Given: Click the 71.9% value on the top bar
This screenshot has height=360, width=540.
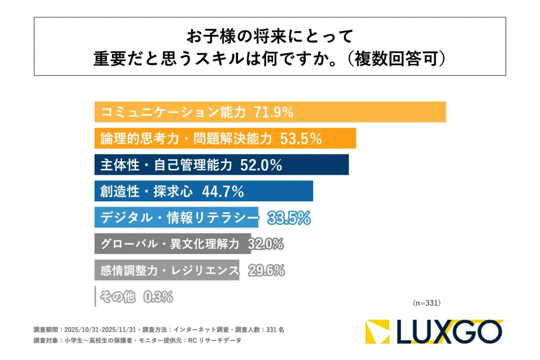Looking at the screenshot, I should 274,112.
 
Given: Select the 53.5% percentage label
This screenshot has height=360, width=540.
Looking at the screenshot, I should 301,139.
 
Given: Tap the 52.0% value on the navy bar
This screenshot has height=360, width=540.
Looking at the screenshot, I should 261,165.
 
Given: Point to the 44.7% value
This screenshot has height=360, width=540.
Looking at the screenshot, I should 223,192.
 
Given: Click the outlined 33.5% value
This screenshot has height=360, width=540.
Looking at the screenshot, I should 289,218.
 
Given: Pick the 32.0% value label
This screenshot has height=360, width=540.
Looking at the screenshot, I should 265,244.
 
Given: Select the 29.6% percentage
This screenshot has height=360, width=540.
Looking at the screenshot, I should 266,270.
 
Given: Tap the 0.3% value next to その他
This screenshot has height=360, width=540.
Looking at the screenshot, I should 158,297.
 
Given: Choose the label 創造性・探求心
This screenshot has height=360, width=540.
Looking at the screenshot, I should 146,192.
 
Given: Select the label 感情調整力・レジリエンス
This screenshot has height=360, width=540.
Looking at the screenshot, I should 169,270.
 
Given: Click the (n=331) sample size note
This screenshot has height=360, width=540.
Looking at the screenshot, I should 426,303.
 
